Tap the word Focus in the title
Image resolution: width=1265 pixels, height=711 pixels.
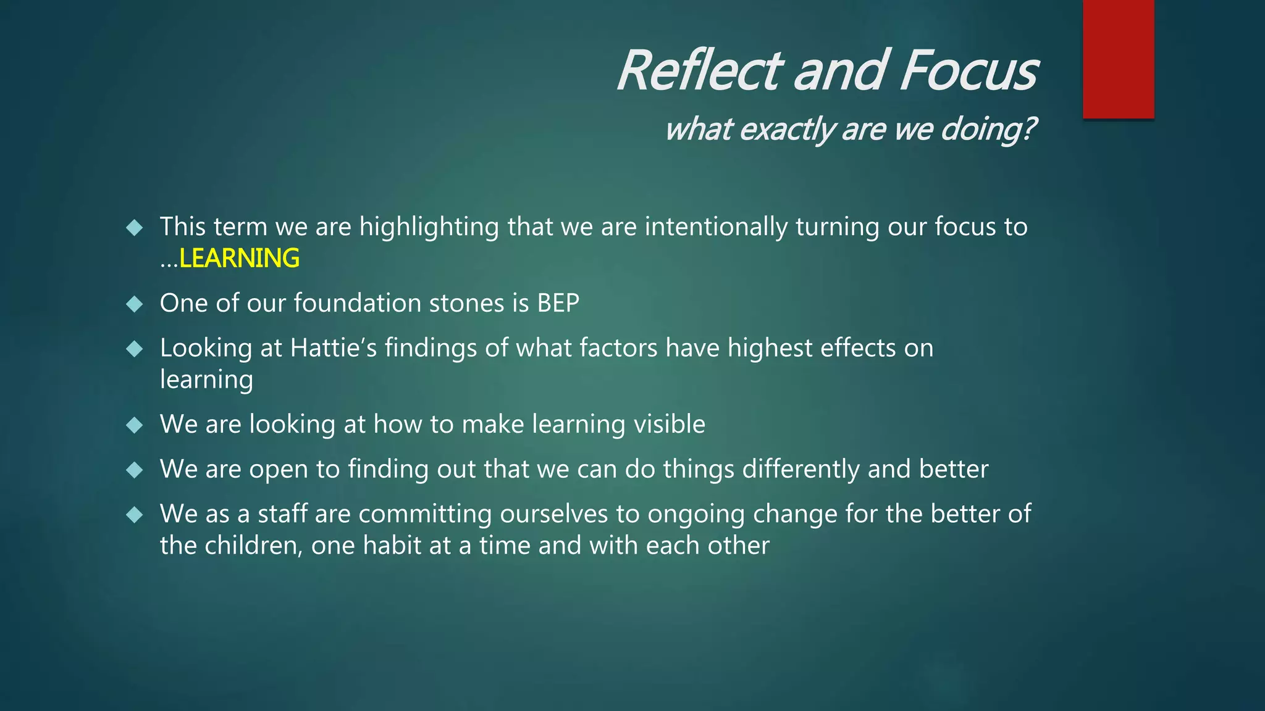click(968, 70)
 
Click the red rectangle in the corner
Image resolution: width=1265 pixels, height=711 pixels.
click(1118, 59)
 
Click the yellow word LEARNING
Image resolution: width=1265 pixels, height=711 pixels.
click(239, 258)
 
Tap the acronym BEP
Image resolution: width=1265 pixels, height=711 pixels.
click(558, 303)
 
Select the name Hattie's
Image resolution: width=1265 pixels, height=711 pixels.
click(333, 348)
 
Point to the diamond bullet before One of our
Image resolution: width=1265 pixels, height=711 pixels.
click(134, 304)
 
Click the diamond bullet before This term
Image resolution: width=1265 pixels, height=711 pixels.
click(134, 228)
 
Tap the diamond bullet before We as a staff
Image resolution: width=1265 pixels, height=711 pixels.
click(134, 515)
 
